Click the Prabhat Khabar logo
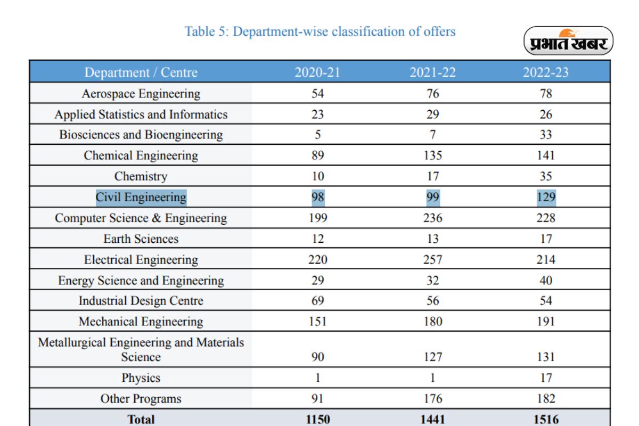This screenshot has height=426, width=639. click(x=568, y=41)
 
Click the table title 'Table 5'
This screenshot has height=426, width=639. click(x=319, y=31)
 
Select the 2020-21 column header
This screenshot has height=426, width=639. click(x=317, y=72)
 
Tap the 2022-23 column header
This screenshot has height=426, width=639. click(x=545, y=72)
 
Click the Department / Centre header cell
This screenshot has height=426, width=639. click(x=141, y=72)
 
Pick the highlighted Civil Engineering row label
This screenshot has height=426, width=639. click(x=141, y=197)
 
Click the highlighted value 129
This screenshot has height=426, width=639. click(x=545, y=197)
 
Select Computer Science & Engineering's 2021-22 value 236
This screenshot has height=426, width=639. click(x=432, y=218)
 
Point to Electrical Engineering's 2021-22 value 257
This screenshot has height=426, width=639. click(x=432, y=259)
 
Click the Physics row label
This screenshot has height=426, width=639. click(x=141, y=378)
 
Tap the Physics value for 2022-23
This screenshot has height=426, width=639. click(x=545, y=378)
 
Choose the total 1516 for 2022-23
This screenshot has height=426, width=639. click(x=545, y=419)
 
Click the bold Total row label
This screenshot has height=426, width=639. click(x=141, y=419)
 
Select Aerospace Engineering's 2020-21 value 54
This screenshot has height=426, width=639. click(x=317, y=94)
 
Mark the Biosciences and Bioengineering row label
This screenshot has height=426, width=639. click(x=141, y=135)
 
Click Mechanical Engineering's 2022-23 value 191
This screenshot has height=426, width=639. click(x=545, y=322)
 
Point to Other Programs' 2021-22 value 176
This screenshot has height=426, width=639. click(x=432, y=399)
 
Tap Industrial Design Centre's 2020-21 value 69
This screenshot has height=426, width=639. click(x=317, y=301)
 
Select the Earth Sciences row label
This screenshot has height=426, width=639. click(x=141, y=239)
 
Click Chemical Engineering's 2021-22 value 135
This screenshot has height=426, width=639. click(x=432, y=155)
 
